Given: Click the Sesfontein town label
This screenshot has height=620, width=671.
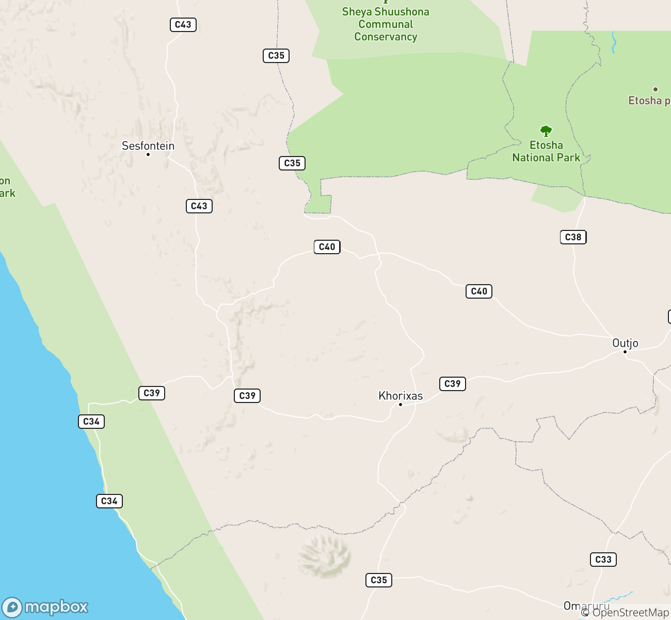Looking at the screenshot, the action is pyautogui.click(x=148, y=146).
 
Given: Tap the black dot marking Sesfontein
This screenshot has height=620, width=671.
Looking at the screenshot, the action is pyautogui.click(x=148, y=154).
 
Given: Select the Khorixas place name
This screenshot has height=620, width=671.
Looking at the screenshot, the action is pyautogui.click(x=401, y=396).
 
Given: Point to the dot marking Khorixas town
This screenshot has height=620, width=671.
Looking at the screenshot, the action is pyautogui.click(x=401, y=405).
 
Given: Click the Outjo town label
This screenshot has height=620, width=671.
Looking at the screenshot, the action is pyautogui.click(x=625, y=343).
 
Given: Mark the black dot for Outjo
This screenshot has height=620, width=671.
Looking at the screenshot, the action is pyautogui.click(x=625, y=352).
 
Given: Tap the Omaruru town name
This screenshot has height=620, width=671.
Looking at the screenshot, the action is pyautogui.click(x=586, y=606).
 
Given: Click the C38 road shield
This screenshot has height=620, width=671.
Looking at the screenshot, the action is pyautogui.click(x=573, y=237).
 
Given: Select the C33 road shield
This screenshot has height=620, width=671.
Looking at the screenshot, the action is pyautogui.click(x=603, y=559).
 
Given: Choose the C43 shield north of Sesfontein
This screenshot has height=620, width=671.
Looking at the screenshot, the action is pyautogui.click(x=183, y=24).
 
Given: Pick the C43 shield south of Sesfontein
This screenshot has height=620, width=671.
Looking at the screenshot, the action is pyautogui.click(x=199, y=206).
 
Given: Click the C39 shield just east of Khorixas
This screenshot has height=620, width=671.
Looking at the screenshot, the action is pyautogui.click(x=452, y=384).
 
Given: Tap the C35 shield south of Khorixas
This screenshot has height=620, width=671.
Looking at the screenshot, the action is pyautogui.click(x=379, y=580).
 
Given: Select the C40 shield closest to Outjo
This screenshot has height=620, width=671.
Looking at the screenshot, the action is pyautogui.click(x=479, y=291).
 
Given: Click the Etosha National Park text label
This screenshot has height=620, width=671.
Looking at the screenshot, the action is pyautogui.click(x=546, y=151).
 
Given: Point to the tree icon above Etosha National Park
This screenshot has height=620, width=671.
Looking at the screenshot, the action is pyautogui.click(x=546, y=131).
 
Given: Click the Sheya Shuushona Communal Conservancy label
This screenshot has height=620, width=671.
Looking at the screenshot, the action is pyautogui.click(x=386, y=24).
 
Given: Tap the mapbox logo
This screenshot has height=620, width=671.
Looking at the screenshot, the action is pyautogui.click(x=45, y=607).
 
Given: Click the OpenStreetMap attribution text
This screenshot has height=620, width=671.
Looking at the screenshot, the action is pyautogui.click(x=626, y=613).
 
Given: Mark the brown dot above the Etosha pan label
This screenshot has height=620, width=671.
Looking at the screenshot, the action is pyautogui.click(x=656, y=89).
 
